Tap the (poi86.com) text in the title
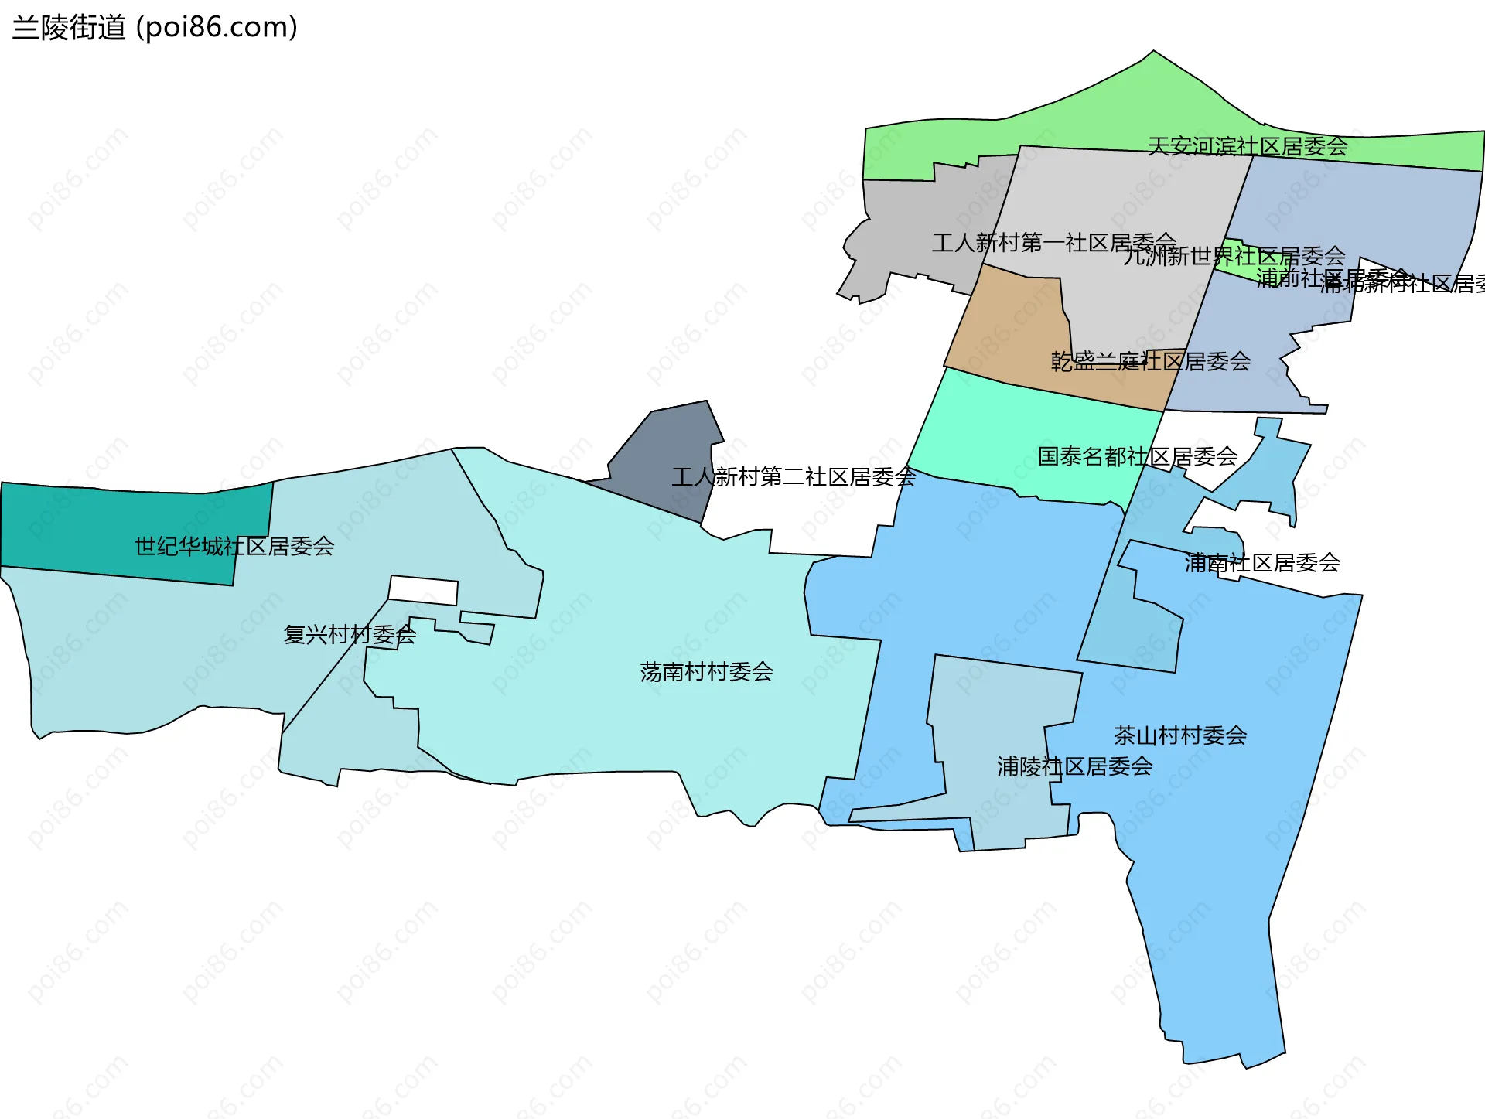(217, 28)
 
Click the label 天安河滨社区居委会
(1247, 146)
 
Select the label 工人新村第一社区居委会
(1053, 243)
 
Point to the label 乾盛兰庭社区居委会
(1150, 361)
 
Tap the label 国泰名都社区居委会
(1137, 456)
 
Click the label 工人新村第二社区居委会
(793, 476)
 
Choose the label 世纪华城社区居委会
(234, 546)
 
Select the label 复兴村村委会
(350, 635)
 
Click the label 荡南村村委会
(706, 671)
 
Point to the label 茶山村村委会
(1179, 735)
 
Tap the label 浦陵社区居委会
(1074, 766)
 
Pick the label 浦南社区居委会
(1261, 562)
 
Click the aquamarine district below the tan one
(1005, 433)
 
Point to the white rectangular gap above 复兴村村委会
(423, 590)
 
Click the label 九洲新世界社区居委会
(1234, 256)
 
